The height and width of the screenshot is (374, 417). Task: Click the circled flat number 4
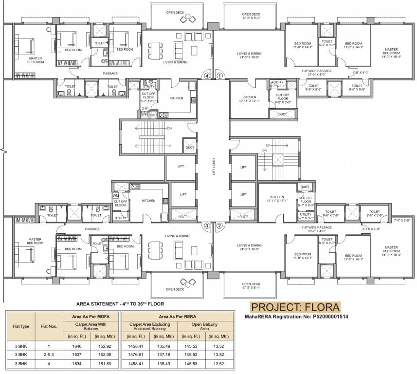(207, 76)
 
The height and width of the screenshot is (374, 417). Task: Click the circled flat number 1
(219, 76)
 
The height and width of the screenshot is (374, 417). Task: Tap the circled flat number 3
(207, 225)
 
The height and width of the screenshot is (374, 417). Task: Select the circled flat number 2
(219, 225)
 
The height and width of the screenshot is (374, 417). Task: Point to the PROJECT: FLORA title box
(295, 307)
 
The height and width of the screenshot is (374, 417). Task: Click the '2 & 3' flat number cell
(49, 355)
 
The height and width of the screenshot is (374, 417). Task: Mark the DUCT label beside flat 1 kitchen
(283, 114)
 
